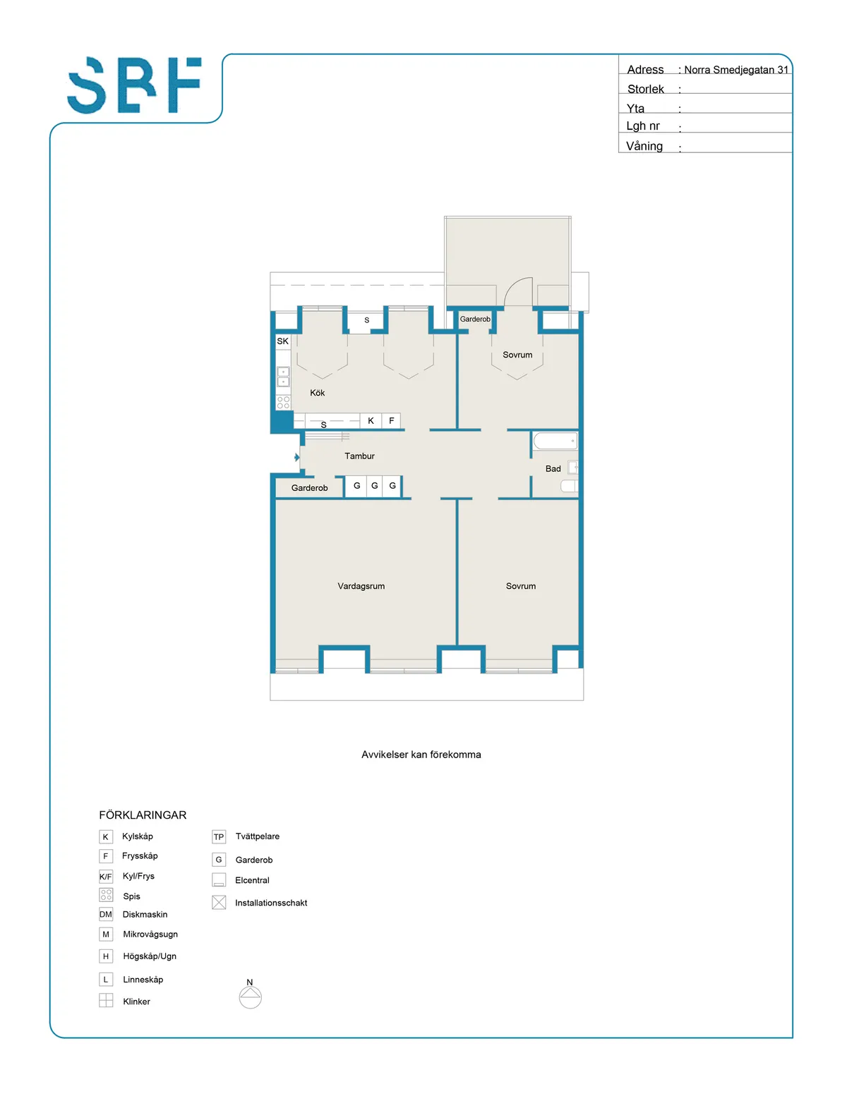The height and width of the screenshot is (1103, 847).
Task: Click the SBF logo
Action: pos(134,85)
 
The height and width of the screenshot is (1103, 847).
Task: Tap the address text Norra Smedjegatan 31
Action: pos(735,70)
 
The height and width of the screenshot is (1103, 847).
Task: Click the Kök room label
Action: pos(318,393)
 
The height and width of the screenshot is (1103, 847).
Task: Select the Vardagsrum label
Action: pos(361,586)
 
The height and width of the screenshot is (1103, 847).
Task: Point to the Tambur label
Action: pos(359,456)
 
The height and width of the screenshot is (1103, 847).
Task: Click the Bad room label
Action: pos(553,469)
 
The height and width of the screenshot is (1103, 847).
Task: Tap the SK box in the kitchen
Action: pos(282,341)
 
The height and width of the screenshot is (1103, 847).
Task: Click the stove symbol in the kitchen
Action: pos(283,403)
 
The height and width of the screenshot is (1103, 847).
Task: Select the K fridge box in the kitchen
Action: pos(371,421)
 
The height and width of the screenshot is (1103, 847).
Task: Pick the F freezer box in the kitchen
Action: pos(392,421)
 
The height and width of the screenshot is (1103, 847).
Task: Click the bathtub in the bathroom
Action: pos(555,441)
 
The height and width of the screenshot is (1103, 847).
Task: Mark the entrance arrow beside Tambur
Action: pos(297,458)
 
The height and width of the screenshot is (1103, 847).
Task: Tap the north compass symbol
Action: pos(250,997)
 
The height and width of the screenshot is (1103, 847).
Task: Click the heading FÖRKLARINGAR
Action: pos(143,815)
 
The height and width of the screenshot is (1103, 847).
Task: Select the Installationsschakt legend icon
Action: pos(219,903)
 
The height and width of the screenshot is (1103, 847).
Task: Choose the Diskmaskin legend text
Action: pos(145,915)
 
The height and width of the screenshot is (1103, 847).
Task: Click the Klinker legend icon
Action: pos(106,1001)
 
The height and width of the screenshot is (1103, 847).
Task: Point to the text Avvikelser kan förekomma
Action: pos(421,755)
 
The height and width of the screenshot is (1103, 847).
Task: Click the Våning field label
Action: pos(644,146)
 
